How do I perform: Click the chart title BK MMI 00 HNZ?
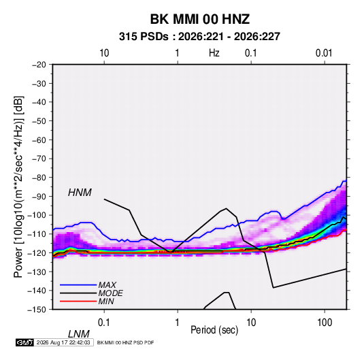point(200,19)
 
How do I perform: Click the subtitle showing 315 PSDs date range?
point(199,37)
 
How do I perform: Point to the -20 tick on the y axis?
point(39,65)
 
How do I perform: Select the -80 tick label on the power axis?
point(39,178)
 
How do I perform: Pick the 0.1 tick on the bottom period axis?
point(104,323)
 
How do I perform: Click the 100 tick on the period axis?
point(325,323)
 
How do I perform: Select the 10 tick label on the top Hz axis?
point(104,53)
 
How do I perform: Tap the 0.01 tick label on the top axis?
point(324,53)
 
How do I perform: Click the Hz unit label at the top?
point(214,53)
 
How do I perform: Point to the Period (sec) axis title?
point(214,330)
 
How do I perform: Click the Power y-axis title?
point(18,186)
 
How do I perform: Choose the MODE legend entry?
point(91,293)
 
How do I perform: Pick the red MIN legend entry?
point(87,301)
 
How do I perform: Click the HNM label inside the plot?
point(80,193)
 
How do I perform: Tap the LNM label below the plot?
point(79,334)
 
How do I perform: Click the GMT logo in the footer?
point(24,342)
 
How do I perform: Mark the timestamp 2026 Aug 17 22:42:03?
point(63,342)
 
